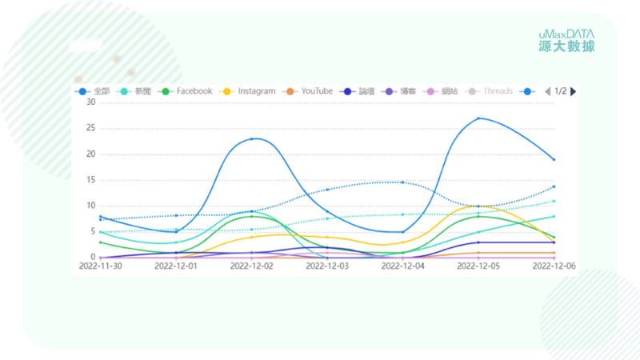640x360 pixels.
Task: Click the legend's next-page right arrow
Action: coord(573,91)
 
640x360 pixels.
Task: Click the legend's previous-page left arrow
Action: coord(547,91)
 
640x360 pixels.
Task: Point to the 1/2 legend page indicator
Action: coord(560,91)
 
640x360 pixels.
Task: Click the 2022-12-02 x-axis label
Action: coord(252,266)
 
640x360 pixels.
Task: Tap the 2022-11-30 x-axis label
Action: coord(100,266)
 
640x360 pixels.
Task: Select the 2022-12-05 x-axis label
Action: coord(478,266)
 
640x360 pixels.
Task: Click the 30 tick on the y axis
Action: coord(90,102)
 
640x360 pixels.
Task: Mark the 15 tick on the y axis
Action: coord(90,180)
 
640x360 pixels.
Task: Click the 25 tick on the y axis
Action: coord(90,128)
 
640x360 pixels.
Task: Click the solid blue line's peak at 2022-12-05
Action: coord(478,118)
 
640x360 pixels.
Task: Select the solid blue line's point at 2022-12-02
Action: coord(252,139)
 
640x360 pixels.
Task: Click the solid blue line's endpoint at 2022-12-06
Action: coord(554,159)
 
